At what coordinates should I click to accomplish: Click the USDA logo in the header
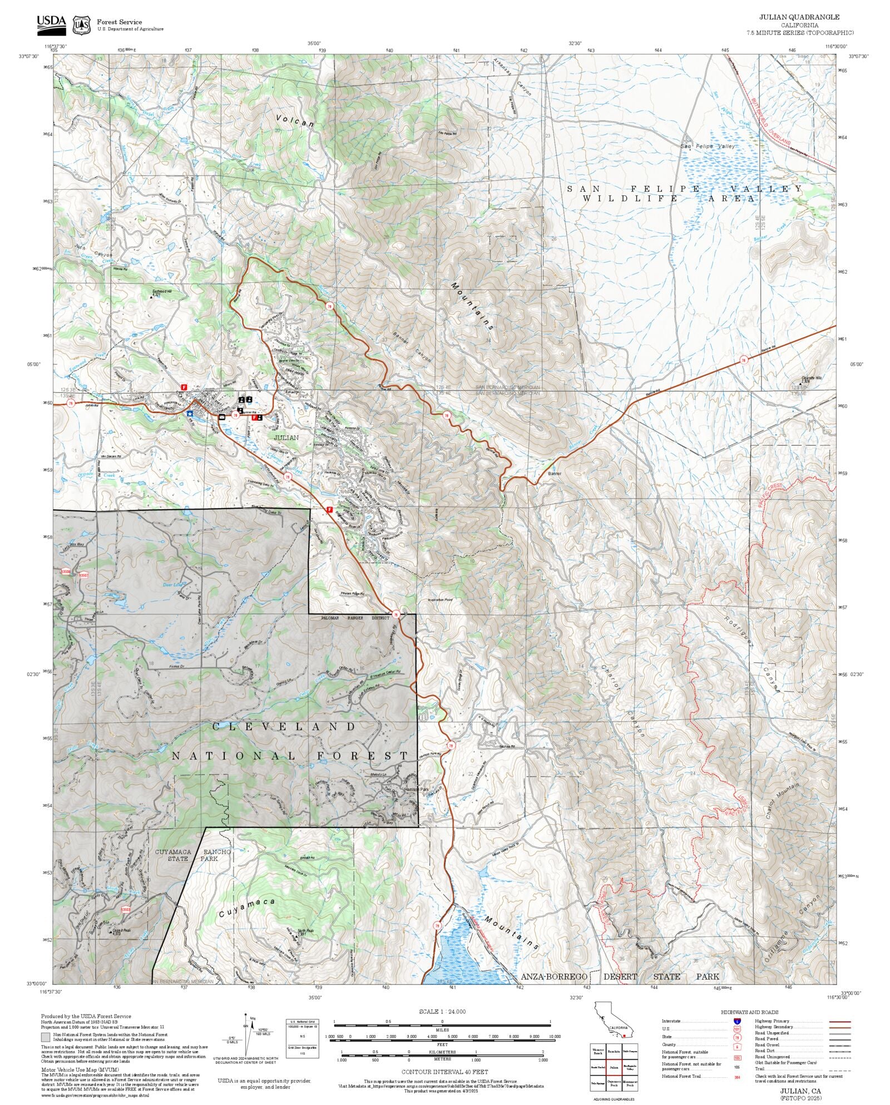click(51, 23)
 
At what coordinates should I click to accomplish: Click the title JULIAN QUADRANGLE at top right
click(799, 17)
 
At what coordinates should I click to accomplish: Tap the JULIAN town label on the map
click(286, 437)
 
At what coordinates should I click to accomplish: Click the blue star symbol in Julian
click(190, 413)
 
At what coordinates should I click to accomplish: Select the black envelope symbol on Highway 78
click(222, 416)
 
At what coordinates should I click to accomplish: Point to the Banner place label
click(555, 473)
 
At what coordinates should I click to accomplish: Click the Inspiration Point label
click(440, 600)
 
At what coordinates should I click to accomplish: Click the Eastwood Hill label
click(162, 291)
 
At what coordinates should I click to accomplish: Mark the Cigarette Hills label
click(811, 378)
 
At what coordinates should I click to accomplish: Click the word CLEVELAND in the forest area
click(284, 727)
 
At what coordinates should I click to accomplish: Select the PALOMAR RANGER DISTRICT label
click(355, 618)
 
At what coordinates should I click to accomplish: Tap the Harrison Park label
click(417, 790)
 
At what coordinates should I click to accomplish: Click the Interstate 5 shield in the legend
click(737, 1022)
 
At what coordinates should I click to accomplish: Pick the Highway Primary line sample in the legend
click(839, 1022)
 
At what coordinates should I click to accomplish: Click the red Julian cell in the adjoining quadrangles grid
click(614, 1067)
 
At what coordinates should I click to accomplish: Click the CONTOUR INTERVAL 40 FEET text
click(444, 1072)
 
